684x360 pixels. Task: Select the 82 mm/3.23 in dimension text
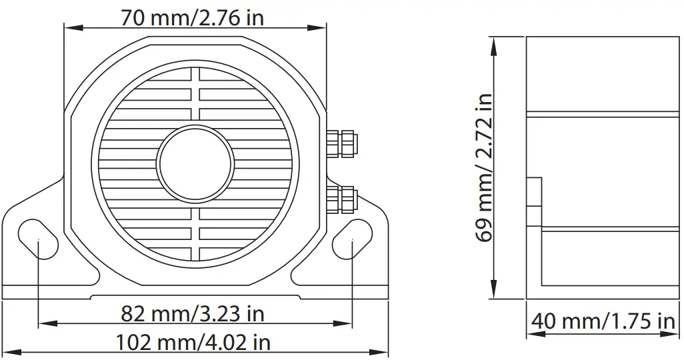[193, 313]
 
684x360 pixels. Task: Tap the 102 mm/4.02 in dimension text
[193, 343]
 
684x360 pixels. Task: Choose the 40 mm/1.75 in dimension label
[603, 321]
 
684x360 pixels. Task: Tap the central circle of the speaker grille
[195, 163]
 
